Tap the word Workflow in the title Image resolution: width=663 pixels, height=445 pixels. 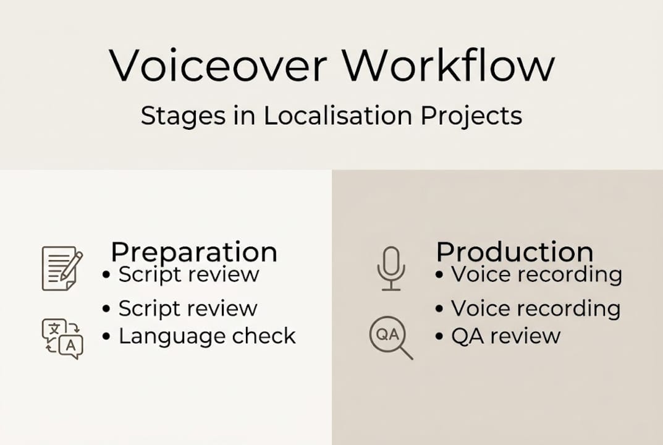click(449, 65)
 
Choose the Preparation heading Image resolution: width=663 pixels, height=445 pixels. click(194, 252)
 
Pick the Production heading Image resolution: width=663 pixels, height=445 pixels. click(515, 252)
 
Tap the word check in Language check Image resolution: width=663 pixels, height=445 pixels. click(265, 336)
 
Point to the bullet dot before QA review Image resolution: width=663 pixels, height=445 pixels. click(439, 337)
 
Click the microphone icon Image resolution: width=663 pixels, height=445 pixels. click(391, 268)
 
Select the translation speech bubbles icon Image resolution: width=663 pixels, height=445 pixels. click(62, 338)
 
